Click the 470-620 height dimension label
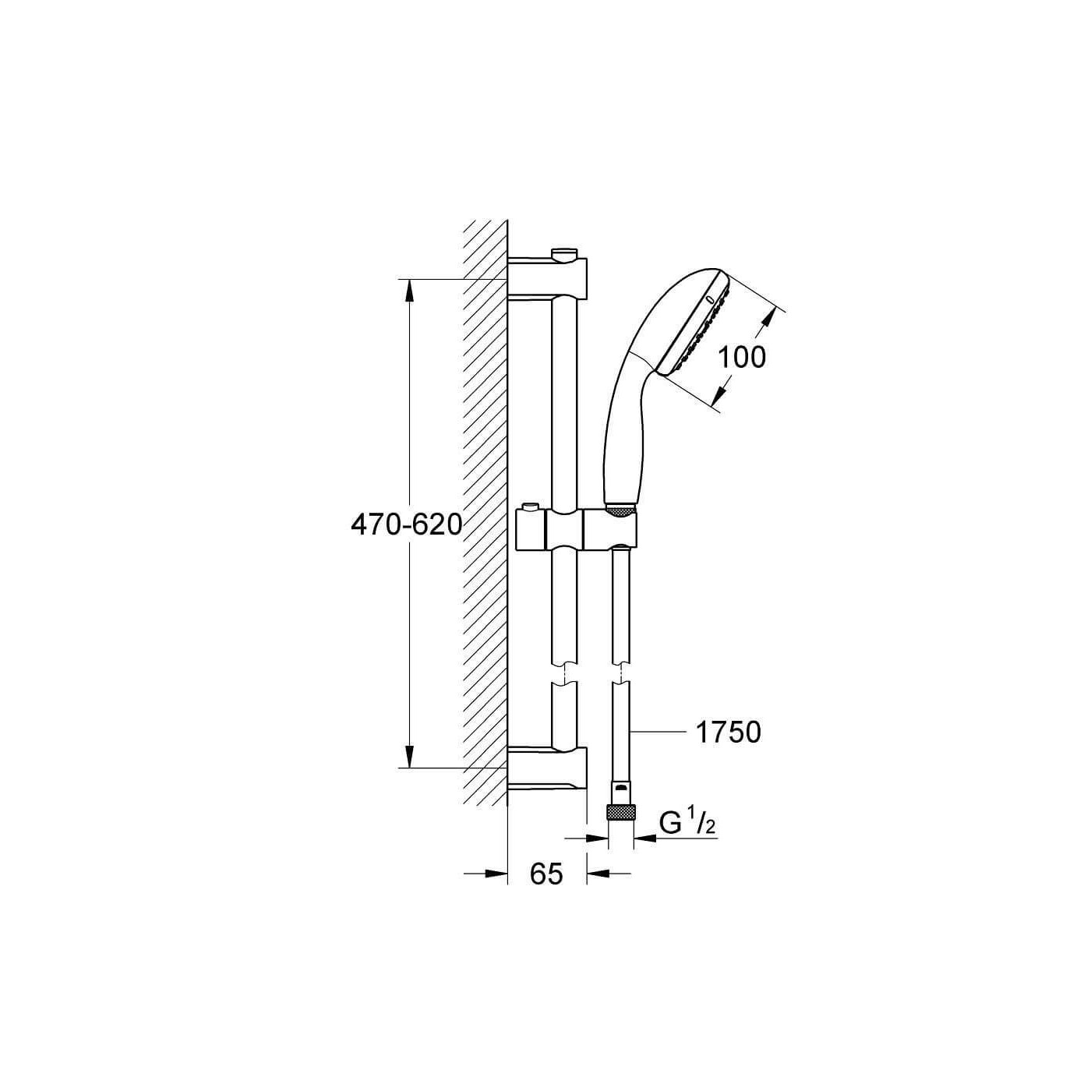pos(407,525)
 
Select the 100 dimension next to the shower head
pos(741,357)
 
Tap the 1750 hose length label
pos(728,733)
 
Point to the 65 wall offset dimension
pos(546,874)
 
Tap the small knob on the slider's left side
pos(530,506)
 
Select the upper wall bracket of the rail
pos(547,277)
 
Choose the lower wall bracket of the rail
pos(547,767)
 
